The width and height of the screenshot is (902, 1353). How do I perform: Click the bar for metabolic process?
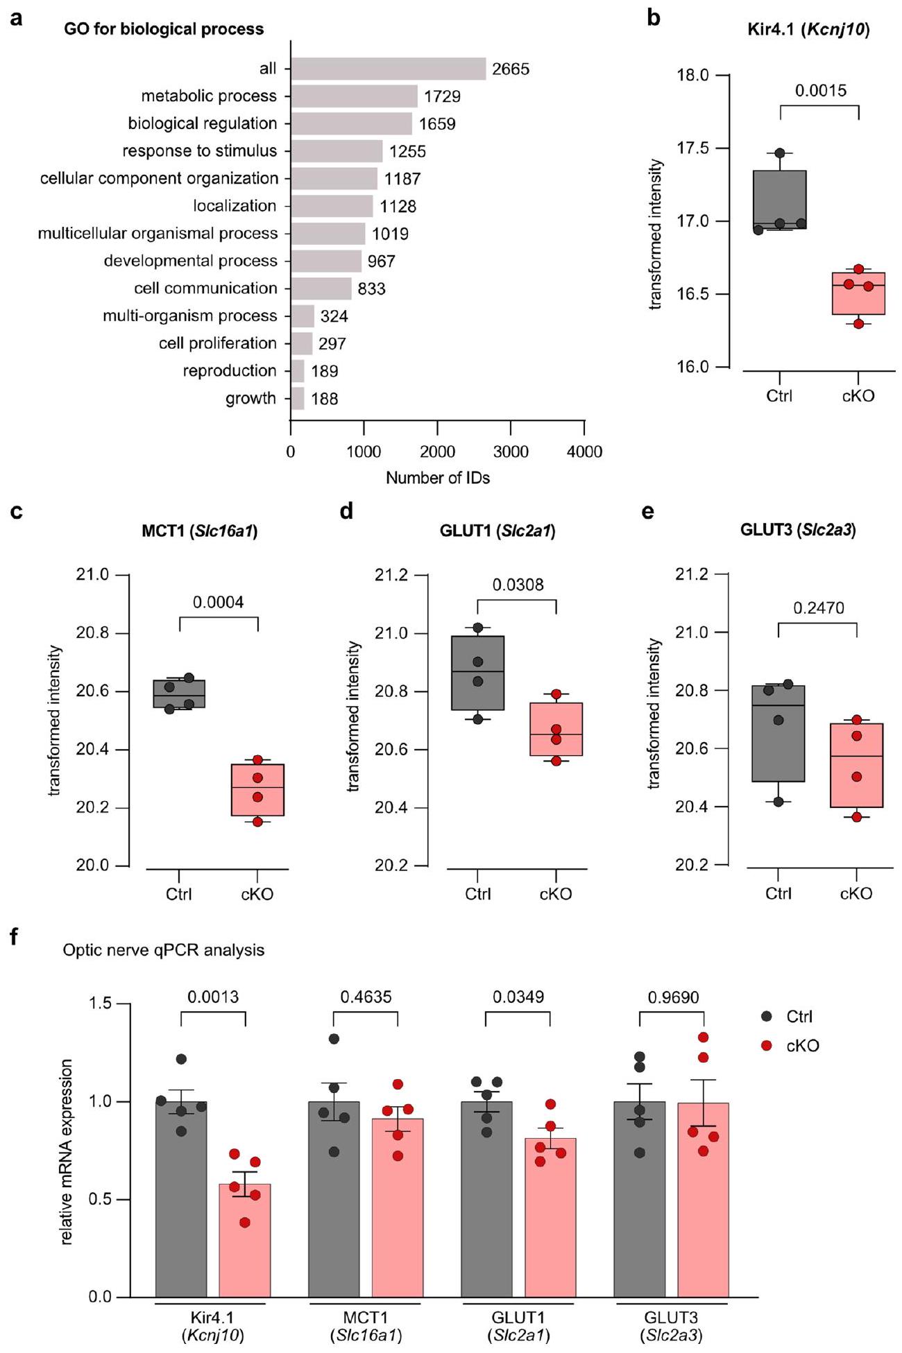(x=354, y=96)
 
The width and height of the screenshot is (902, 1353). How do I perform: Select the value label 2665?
(x=511, y=69)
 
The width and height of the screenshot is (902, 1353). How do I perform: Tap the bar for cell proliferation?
(x=302, y=343)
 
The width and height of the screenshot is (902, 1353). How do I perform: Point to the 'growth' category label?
(x=250, y=399)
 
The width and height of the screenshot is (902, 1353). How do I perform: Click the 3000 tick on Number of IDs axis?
(x=511, y=452)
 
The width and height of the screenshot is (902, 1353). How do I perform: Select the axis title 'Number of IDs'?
(x=438, y=478)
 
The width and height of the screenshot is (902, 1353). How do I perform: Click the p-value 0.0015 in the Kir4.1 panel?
(x=820, y=91)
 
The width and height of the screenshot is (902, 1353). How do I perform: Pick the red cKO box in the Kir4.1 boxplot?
(x=859, y=293)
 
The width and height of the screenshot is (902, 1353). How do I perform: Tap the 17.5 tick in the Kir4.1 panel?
(x=695, y=148)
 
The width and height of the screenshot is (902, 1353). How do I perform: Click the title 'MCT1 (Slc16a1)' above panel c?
(x=199, y=531)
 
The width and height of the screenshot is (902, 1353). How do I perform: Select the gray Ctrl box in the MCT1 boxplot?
(x=179, y=693)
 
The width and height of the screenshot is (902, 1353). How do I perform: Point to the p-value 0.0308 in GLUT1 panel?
(x=518, y=585)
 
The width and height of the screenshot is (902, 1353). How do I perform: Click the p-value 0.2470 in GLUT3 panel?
(x=819, y=608)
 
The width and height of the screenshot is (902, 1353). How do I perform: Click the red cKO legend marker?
(x=767, y=1045)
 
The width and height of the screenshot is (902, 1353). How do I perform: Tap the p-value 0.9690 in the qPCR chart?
(x=673, y=997)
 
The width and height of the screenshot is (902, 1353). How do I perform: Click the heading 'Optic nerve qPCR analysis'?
(x=164, y=949)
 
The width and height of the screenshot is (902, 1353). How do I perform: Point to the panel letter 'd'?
(x=346, y=512)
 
